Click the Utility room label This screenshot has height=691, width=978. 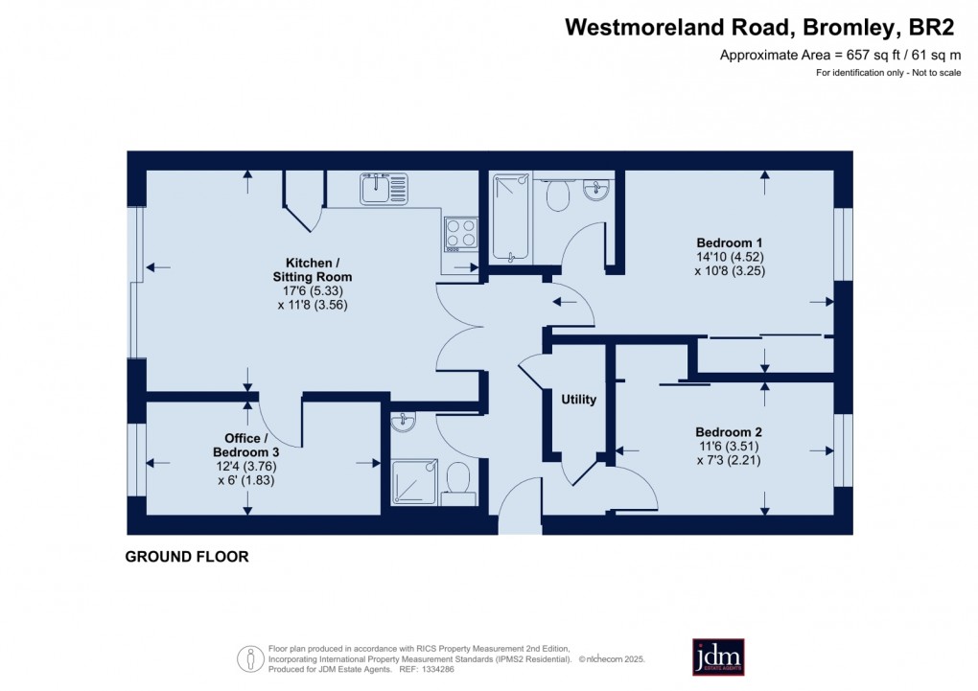[x=579, y=400]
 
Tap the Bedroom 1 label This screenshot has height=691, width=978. [x=730, y=242]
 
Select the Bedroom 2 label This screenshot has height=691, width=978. [x=729, y=431]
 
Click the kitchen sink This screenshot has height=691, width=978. [x=384, y=188]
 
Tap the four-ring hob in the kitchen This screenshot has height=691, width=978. [x=461, y=232]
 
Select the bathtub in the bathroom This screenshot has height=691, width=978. [x=510, y=218]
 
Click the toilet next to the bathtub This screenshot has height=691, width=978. [x=557, y=195]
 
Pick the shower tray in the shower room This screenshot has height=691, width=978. [x=416, y=481]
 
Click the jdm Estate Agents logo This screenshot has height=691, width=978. [x=718, y=656]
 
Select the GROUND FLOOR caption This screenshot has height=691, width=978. [x=187, y=557]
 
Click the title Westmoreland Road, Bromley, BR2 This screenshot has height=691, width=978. [x=762, y=28]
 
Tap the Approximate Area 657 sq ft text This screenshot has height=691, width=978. [x=840, y=56]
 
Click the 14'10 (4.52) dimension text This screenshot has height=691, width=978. [x=730, y=257]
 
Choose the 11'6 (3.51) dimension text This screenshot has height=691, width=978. [x=729, y=446]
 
